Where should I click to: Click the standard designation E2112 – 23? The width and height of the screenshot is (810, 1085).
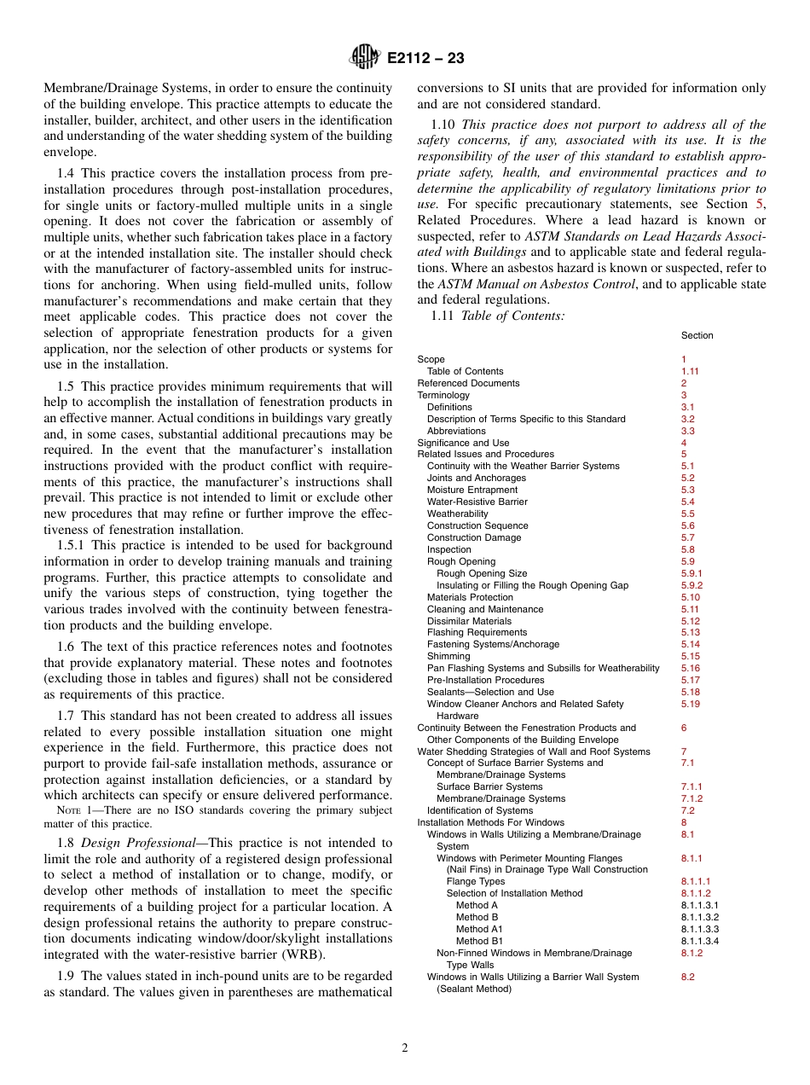click(x=425, y=59)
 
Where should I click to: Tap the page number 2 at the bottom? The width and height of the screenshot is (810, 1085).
click(x=405, y=1048)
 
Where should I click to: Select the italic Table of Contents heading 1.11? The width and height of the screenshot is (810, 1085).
click(x=512, y=316)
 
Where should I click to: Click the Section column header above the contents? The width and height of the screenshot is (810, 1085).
click(x=697, y=335)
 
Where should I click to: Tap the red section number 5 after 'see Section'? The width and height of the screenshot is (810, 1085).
click(x=760, y=204)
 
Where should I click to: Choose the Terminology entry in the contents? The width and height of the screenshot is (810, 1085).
click(x=443, y=395)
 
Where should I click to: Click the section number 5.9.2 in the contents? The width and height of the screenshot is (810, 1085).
click(x=691, y=585)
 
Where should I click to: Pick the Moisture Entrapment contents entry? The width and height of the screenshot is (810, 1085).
click(x=472, y=490)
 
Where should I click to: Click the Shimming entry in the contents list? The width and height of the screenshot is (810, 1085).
click(x=448, y=656)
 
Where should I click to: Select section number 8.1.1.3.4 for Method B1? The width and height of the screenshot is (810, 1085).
click(x=699, y=941)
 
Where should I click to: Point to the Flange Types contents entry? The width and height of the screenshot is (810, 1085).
click(x=475, y=881)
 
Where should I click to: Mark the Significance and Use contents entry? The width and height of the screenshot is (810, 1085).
click(x=463, y=443)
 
